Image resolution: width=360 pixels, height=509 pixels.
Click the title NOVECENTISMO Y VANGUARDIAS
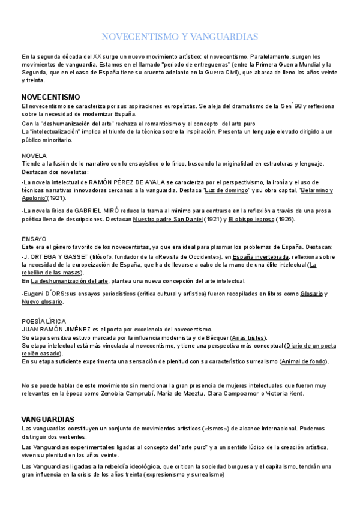coord(180,37)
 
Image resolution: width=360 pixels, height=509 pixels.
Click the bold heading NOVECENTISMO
coord(50,97)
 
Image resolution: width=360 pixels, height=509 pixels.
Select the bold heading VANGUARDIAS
coord(47,418)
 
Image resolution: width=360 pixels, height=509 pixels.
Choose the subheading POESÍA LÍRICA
coord(43,321)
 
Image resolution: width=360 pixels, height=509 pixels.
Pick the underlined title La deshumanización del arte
coord(70,281)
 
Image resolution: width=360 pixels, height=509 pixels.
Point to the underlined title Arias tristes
coord(248,337)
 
